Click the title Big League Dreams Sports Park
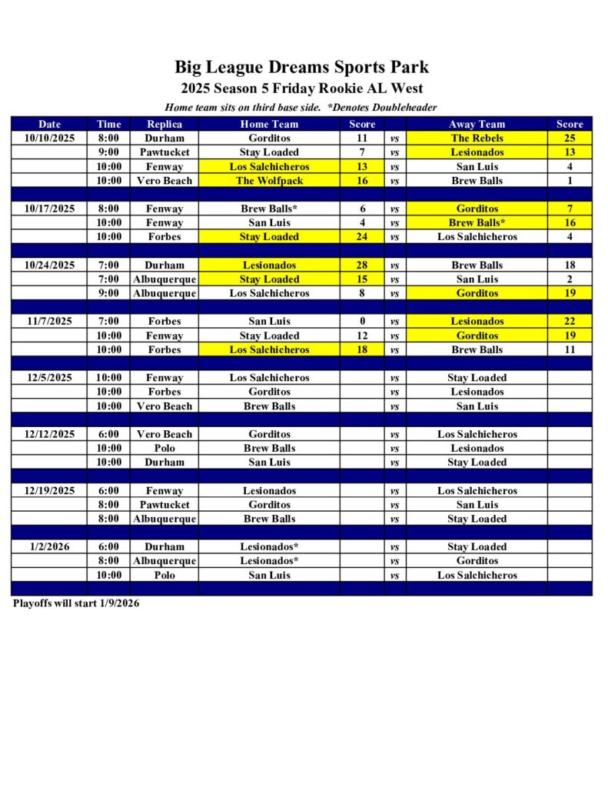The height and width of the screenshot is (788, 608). point(301,67)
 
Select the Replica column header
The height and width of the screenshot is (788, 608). point(164,124)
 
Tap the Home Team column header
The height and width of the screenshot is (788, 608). point(269,124)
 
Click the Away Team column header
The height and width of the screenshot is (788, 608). point(477,124)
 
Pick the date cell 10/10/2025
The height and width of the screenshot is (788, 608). point(49,138)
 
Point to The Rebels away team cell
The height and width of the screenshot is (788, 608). point(477,138)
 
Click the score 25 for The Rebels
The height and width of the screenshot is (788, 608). point(570,138)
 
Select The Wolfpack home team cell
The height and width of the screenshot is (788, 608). point(269,181)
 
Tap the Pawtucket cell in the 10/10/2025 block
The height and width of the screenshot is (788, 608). point(164,152)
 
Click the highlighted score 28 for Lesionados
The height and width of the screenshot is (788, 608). point(362,265)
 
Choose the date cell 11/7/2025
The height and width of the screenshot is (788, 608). point(49,322)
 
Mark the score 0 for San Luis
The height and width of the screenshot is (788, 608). point(362,322)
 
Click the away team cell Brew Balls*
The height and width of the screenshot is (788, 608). point(477,223)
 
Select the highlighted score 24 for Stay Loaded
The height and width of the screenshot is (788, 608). point(362,237)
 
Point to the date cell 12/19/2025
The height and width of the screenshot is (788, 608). point(49,491)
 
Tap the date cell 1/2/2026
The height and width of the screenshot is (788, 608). point(49,547)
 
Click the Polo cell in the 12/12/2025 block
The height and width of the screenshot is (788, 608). point(164,449)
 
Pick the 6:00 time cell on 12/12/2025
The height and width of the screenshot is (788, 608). point(108,434)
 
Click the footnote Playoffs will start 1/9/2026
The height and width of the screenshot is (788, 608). point(76,603)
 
